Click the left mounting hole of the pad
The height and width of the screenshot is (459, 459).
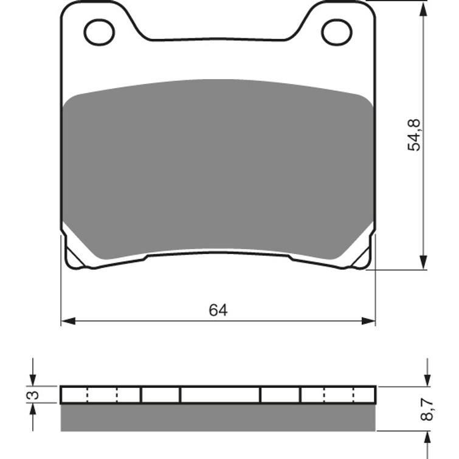click(x=99, y=32)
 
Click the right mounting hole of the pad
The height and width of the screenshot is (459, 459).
click(x=337, y=32)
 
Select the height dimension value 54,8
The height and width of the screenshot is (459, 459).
click(x=415, y=134)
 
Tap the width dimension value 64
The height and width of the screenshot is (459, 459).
click(x=218, y=310)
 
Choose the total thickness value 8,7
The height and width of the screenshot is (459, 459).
click(x=428, y=410)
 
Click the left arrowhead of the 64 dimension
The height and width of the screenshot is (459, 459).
click(x=67, y=321)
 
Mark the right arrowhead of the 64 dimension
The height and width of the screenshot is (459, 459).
click(x=369, y=321)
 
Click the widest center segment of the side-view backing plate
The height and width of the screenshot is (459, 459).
click(x=220, y=395)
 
